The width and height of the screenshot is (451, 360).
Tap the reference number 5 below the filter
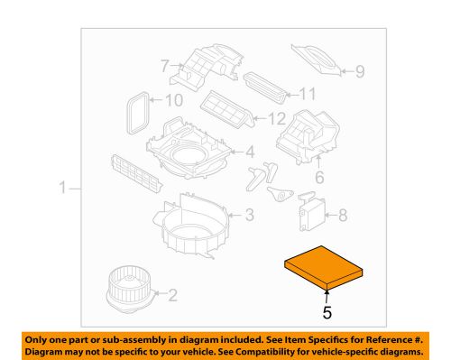click(327, 313)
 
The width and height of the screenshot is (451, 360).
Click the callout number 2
click(173, 294)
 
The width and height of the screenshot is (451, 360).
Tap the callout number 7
click(166, 65)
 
